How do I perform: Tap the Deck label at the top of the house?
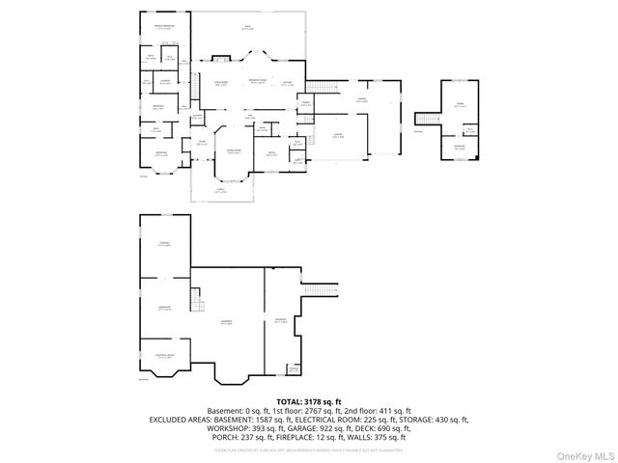coord(247,28)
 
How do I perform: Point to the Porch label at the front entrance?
coord(221,191)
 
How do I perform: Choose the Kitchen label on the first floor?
coord(288,84)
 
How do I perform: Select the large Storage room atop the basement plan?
coord(164,245)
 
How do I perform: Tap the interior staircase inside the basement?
coord(198,304)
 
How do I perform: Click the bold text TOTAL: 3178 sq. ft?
coord(308,401)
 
